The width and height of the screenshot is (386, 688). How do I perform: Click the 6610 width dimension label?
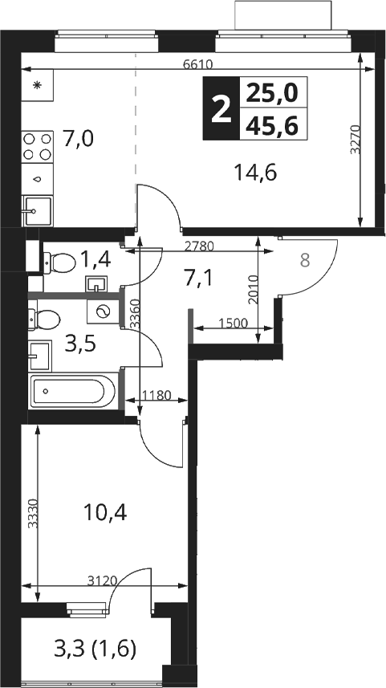198,64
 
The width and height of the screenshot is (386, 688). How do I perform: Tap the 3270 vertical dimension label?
356,140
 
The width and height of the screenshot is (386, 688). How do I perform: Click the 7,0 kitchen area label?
78,139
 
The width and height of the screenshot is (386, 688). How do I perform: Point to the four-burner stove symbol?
37,147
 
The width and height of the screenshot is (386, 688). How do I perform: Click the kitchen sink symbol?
37,211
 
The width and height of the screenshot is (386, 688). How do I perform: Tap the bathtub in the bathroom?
73,390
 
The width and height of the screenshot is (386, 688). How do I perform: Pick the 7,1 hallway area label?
198,278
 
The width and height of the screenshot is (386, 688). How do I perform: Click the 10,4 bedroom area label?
106,511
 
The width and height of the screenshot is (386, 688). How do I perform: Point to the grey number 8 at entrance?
305,260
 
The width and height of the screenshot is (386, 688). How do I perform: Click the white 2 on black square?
221,109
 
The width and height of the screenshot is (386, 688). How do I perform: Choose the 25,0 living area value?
272,92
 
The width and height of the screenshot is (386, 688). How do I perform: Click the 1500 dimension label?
233,323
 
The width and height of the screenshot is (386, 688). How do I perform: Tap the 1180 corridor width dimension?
156,395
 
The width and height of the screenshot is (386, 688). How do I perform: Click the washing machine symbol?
103,311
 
